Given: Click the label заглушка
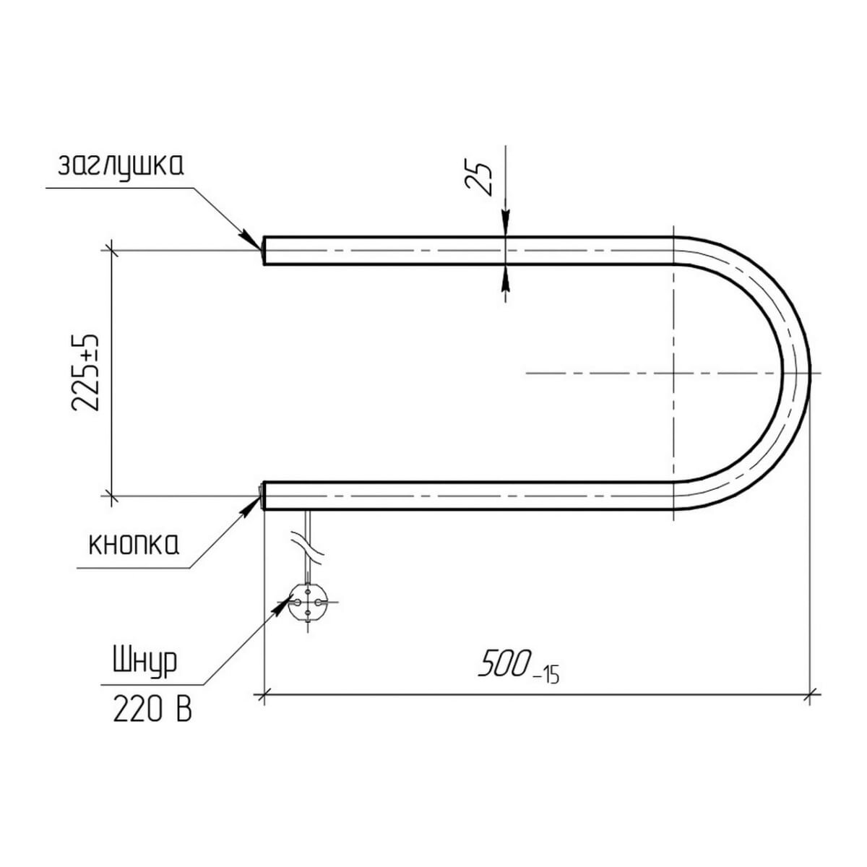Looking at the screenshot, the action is [x=121, y=166].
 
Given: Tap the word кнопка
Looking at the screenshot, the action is [x=134, y=545].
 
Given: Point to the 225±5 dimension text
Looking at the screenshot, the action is [x=85, y=373].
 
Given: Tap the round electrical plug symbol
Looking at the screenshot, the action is [x=308, y=602].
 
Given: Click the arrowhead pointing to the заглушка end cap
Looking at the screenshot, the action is [x=251, y=239].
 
